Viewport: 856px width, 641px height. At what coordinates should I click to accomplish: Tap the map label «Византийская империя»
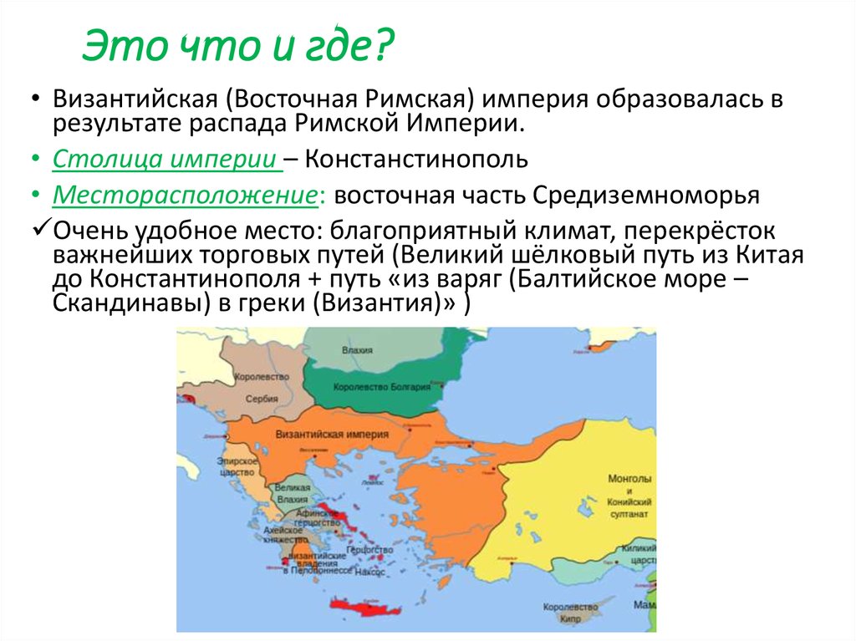coord(330,435)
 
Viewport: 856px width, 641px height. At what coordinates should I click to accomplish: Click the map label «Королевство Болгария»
coord(381,387)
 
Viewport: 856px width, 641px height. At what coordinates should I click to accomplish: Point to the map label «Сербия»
coord(262,399)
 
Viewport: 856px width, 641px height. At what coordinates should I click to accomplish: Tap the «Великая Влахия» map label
coord(292,492)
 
